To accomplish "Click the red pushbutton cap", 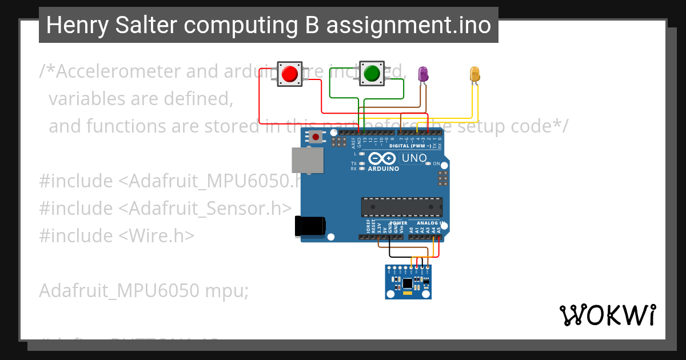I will pyautogui.click(x=290, y=74).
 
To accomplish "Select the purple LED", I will pyautogui.click(x=423, y=73).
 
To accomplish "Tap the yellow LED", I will pyautogui.click(x=474, y=74).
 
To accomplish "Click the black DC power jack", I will pyautogui.click(x=309, y=226).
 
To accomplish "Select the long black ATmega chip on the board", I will pyautogui.click(x=401, y=206).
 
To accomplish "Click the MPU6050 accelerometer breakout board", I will pyautogui.click(x=408, y=282).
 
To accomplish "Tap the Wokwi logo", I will pyautogui.click(x=607, y=315).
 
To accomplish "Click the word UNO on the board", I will pyautogui.click(x=414, y=158).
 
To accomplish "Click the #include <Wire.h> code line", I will pyautogui.click(x=117, y=235).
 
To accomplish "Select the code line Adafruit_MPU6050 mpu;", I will pyautogui.click(x=143, y=291).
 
